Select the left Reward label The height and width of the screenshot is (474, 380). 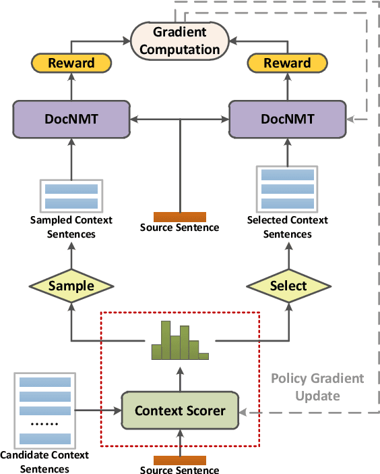(71, 63)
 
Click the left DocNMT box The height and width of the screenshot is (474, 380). (71, 120)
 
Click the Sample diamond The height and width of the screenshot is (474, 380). (71, 286)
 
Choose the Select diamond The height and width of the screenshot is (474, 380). (288, 286)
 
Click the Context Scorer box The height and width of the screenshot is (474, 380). (179, 411)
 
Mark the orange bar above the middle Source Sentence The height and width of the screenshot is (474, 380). (179, 217)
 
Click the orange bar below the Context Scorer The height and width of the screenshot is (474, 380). (179, 460)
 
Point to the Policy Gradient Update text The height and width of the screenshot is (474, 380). (317, 387)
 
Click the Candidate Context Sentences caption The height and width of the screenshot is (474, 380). (44, 462)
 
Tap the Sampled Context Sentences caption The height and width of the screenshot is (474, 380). (71, 227)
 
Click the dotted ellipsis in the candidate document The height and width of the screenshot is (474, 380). (44, 425)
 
